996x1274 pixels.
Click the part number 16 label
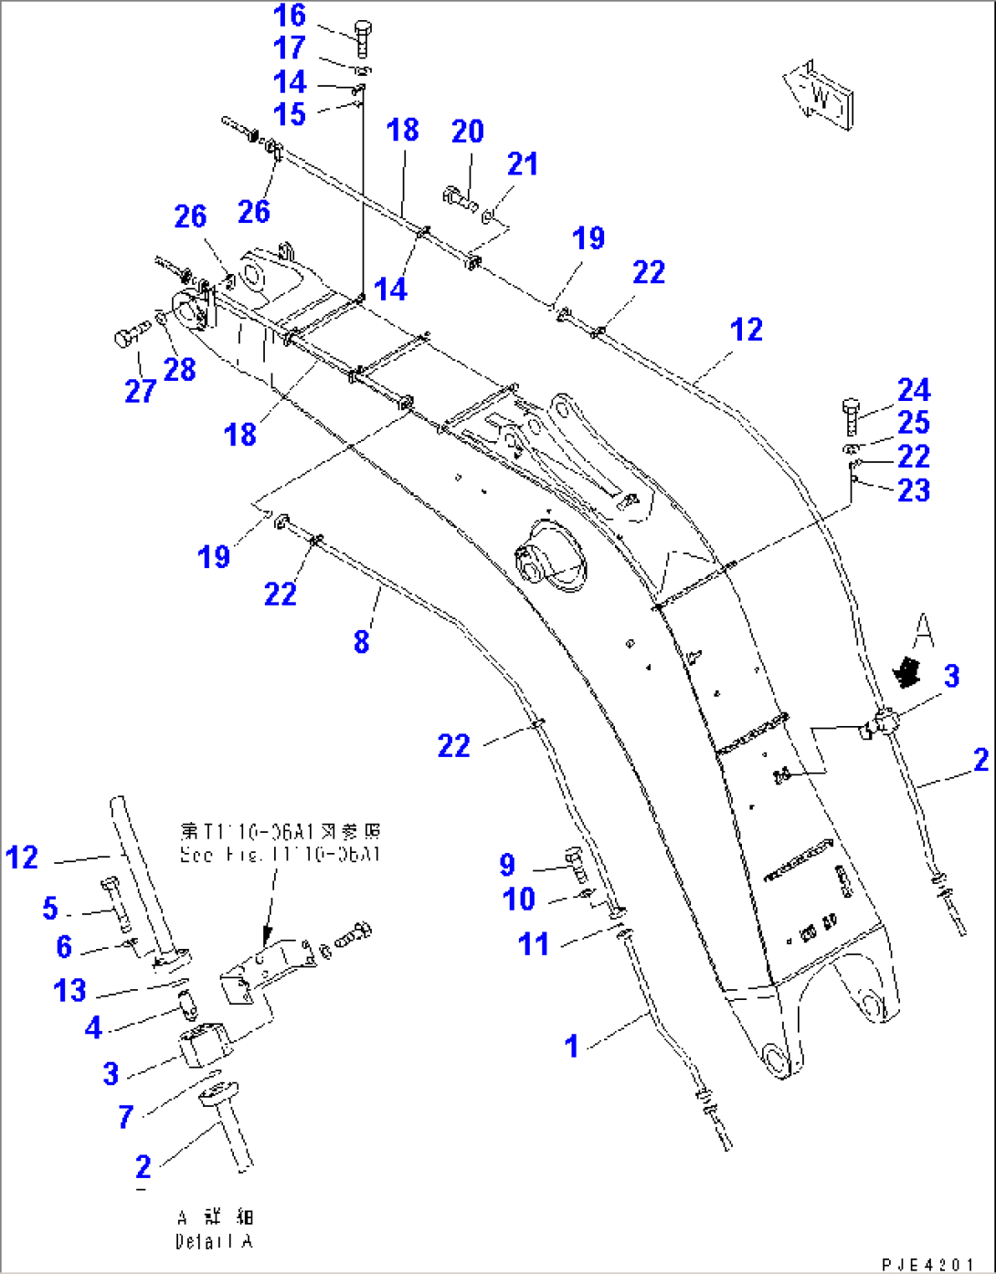290,16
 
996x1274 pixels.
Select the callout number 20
467,132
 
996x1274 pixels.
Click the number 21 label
522,164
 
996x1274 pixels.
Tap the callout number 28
180,370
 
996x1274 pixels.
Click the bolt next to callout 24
851,416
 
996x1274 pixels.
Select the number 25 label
913,423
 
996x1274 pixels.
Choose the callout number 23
913,490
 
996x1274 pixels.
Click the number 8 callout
362,641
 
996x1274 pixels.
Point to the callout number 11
534,943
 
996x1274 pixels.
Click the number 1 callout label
572,1046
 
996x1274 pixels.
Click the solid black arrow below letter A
906,672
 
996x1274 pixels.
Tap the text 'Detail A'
214,1242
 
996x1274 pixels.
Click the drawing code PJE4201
927,1264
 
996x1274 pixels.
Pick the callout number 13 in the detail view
69,990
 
